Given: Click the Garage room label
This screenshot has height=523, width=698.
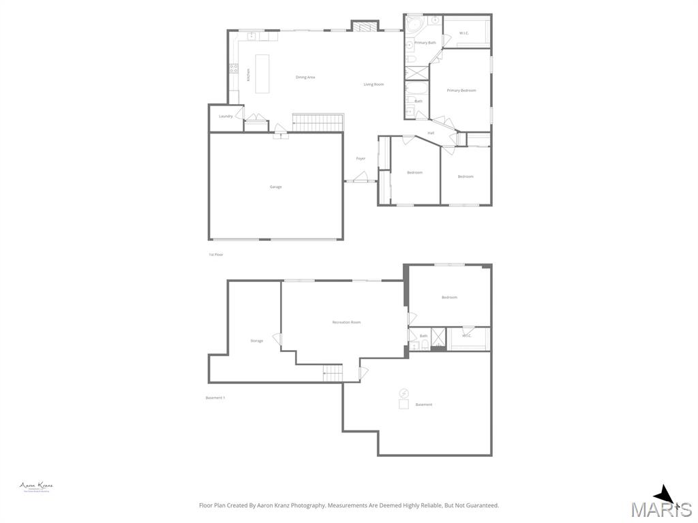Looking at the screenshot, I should coord(275,187).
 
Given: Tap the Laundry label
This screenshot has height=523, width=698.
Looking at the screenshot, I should coord(226,116).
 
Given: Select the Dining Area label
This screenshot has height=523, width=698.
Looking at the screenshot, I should coord(305,78).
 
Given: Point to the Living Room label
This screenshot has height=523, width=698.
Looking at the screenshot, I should coord(374,84).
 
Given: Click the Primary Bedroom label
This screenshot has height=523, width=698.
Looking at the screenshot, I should coord(461,91).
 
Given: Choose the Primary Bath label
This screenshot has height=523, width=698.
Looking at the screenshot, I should coord(425,43).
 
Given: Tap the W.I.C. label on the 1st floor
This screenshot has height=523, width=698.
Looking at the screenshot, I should coord(464,33).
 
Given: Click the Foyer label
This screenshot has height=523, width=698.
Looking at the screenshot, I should coord(361,159).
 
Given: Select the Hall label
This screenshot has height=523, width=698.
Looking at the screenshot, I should coord(431,133).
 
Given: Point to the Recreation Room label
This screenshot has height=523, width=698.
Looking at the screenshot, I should coord(346,322).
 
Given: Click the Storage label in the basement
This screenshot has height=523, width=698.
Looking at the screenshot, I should coord(256,340).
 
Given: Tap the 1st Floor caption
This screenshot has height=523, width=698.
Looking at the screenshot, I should coord(216,255).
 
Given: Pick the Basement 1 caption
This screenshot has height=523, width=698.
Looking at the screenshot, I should coord(215,398).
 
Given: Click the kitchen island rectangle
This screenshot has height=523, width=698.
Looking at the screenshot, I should coord(262,74).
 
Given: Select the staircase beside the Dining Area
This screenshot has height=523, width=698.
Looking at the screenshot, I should coord(318,123).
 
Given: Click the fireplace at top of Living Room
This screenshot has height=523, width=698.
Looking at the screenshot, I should coord(364,27).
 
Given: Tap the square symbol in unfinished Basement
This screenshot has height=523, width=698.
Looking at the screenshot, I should coord(404,405).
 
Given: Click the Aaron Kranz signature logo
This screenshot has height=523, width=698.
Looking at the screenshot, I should coord(36,486).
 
